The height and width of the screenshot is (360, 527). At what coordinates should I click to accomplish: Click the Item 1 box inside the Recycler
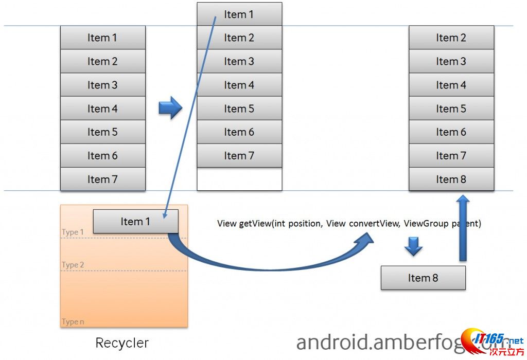click(x=135, y=222)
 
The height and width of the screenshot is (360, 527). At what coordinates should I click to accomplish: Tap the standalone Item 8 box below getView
click(x=423, y=278)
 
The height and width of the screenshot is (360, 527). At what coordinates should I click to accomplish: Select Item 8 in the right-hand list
click(x=451, y=179)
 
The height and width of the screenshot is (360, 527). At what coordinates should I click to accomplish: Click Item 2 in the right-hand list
click(x=451, y=38)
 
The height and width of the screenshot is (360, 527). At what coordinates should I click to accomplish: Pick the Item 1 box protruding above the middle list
click(x=239, y=14)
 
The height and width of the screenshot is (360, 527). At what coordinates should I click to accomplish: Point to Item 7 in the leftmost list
click(x=102, y=179)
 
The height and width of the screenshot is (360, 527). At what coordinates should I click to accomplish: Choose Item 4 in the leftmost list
click(x=102, y=109)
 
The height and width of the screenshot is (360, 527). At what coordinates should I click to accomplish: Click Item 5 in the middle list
click(x=239, y=109)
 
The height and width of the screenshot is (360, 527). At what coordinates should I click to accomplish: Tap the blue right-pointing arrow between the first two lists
click(x=170, y=108)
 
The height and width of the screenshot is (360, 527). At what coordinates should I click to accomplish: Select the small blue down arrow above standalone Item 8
click(x=413, y=246)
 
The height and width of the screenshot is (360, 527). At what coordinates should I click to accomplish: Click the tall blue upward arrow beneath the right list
click(x=463, y=226)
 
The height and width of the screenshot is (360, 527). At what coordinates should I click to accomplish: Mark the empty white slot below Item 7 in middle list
click(x=239, y=179)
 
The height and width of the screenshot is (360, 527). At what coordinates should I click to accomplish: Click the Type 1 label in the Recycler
click(x=73, y=232)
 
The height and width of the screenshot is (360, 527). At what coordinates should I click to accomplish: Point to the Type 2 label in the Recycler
click(x=73, y=265)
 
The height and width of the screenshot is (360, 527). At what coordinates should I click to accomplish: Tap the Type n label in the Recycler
click(x=73, y=322)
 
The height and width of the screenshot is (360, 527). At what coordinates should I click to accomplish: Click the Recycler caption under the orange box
click(x=122, y=343)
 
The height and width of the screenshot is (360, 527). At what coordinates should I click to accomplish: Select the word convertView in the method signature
click(x=374, y=224)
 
